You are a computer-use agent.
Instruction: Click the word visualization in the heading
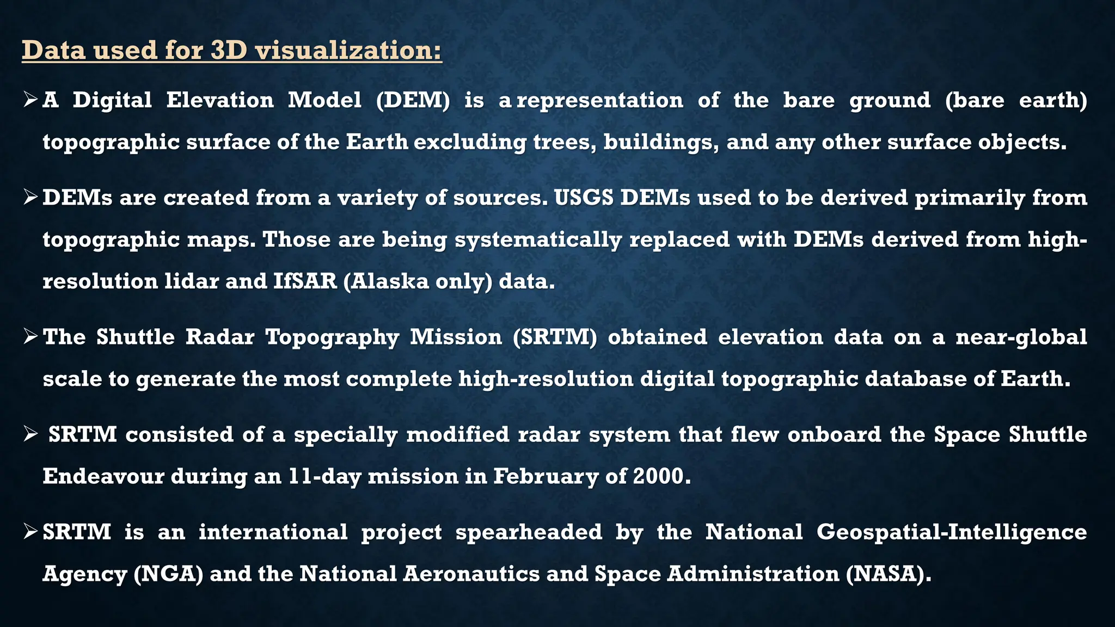348,51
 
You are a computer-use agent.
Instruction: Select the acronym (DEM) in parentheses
413,100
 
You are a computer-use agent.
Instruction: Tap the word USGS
584,198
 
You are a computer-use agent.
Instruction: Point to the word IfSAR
305,281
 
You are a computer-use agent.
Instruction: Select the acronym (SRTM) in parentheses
554,337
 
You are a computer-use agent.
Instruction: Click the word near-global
1021,337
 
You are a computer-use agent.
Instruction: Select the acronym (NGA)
168,574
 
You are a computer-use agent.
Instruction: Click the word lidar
192,281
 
